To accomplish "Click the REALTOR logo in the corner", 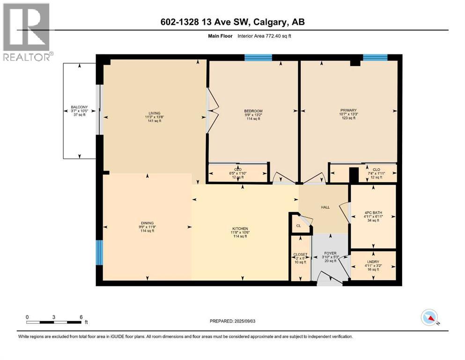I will point(26,31).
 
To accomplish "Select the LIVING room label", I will point(155,113).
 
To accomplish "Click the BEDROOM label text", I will point(253,111).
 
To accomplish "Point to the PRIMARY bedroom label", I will point(348,111).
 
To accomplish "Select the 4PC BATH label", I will point(374,212).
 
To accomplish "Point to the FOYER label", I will point(330,254).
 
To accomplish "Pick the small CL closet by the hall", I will point(298,225).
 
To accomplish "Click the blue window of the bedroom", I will point(258,58).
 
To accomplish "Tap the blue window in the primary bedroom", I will point(375,58).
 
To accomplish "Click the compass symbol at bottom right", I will point(429,318).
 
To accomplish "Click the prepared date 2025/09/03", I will point(233,321).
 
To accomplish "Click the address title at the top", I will point(232,22).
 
